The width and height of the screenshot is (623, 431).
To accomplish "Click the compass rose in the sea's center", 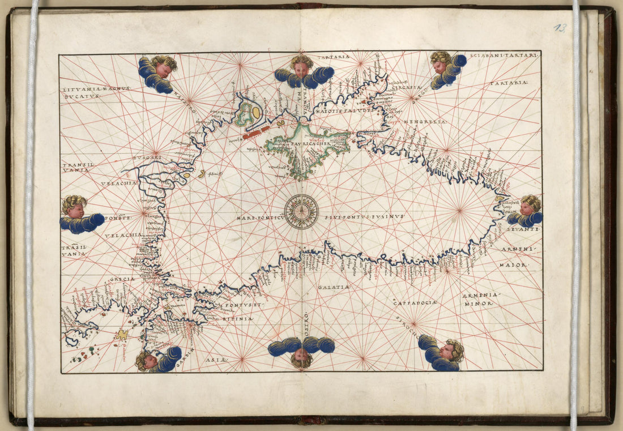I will tap(301, 212).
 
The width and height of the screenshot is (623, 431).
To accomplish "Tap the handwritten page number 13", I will tap(560, 28).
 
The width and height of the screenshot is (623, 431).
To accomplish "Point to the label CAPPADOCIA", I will tap(415, 303).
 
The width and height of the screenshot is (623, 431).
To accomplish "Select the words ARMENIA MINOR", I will tap(480, 300).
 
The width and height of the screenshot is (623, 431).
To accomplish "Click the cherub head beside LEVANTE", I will tap(531, 205).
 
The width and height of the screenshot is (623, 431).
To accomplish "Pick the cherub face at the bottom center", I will tap(301, 357).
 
